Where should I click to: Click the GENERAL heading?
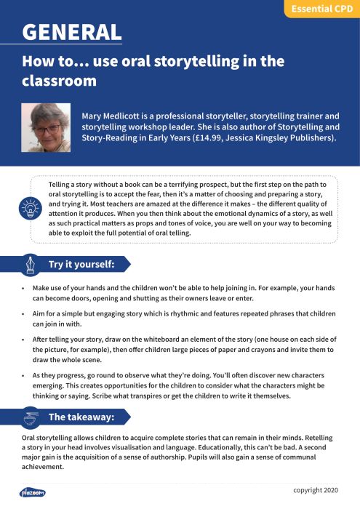click(x=71, y=32)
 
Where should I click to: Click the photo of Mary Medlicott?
click(x=46, y=127)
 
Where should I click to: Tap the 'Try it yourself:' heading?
click(x=81, y=264)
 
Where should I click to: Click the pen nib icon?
click(x=31, y=264)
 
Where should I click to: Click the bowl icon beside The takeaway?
click(x=31, y=417)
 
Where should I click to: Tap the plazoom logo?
click(x=33, y=492)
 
